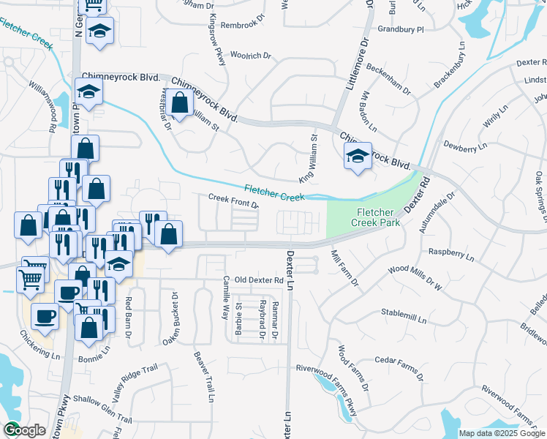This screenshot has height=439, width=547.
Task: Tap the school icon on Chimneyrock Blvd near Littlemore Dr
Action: [x=356, y=156]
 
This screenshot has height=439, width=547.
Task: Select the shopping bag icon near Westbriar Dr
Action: [x=179, y=103]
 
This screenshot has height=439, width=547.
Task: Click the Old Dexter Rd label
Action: [x=258, y=280]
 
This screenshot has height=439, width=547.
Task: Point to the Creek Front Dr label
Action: [x=233, y=200]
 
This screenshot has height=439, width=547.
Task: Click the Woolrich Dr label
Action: [x=251, y=55]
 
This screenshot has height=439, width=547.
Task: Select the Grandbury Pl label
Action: [x=401, y=30]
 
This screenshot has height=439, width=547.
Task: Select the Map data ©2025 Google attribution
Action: [x=501, y=432]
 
